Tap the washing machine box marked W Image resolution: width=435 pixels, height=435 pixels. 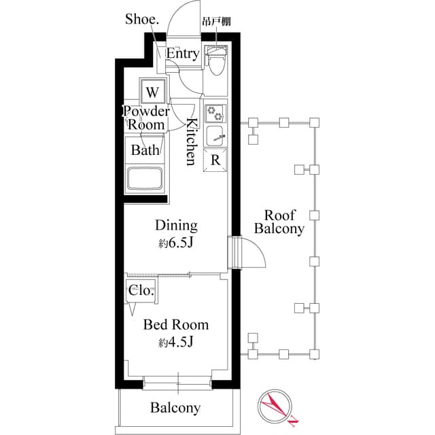pos(153,91)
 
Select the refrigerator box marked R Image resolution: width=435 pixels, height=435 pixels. pos(215,160)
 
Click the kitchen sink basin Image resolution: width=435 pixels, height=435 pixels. pos(216,134)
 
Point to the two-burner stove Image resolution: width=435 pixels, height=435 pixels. pos(215,112)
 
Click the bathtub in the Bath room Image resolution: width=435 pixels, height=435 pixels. pos(145,179)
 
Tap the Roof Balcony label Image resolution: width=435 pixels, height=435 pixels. pos(279,222)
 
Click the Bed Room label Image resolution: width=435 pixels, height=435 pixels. pos(175,325)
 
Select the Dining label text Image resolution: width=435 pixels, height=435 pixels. pos(176,225)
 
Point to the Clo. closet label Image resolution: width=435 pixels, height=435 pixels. pos(141,290)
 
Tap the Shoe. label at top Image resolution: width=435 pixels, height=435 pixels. pos(142,19)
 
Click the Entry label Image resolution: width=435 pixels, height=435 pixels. pos(183,54)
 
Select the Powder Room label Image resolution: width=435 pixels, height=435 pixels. pos(146,118)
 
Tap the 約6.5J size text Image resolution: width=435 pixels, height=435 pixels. pos(176,243)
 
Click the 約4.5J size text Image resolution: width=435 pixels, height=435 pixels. pos(176,342)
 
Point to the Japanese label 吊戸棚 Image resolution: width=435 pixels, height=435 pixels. pos(216,21)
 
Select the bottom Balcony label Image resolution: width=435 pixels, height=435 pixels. pos(175,408)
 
